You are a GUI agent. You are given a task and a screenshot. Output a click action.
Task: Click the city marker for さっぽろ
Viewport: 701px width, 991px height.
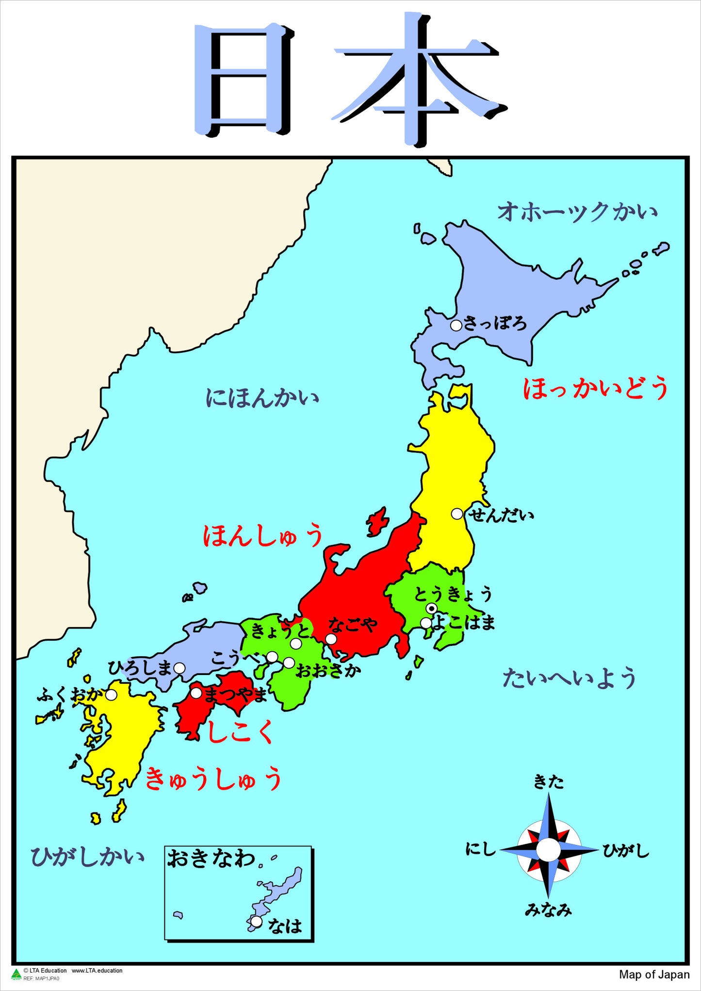[x=456, y=325]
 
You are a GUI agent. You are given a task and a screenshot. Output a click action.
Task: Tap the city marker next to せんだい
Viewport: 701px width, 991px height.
[x=457, y=513]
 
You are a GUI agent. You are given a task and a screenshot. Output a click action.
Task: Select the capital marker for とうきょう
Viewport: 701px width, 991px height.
[x=431, y=608]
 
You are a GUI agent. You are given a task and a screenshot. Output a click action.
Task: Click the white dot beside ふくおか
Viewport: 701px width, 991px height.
[x=111, y=695]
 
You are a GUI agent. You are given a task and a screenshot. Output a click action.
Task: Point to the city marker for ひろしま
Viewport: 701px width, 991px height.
[x=179, y=668]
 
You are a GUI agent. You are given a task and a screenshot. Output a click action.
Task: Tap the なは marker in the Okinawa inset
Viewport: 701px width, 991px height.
[x=256, y=921]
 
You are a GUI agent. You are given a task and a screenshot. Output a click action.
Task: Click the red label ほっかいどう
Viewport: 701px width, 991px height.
[x=596, y=389]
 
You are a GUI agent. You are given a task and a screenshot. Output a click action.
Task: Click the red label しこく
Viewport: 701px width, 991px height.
[x=239, y=732]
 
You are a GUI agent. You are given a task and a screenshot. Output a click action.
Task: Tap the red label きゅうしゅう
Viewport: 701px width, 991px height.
[x=213, y=778]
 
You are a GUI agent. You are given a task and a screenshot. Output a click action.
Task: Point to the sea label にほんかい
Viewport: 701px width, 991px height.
[x=262, y=398]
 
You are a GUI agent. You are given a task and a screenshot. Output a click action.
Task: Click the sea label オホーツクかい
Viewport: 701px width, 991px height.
[x=577, y=212]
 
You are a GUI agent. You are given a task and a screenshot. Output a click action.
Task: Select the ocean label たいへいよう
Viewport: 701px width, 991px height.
[x=569, y=678]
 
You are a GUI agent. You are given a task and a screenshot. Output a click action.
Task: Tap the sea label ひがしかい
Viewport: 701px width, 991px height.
[x=87, y=857]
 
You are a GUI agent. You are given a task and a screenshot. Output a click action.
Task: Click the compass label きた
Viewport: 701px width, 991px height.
[x=549, y=782]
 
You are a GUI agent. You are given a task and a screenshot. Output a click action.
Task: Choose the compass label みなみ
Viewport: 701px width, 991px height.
[x=548, y=910]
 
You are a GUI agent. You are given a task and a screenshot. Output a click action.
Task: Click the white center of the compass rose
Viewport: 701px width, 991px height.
[x=549, y=850]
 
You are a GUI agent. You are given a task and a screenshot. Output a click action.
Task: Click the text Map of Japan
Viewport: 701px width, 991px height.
[x=654, y=974]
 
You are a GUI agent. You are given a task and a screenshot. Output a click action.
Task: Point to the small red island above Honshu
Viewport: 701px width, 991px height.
[x=377, y=522]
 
